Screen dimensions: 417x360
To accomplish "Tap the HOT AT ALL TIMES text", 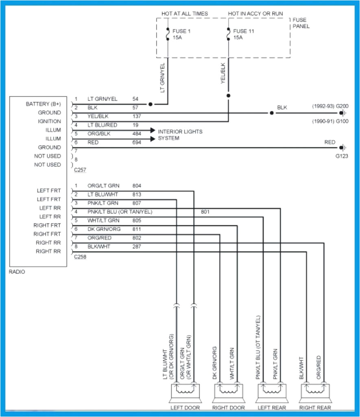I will pos(184,13).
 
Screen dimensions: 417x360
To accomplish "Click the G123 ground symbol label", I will pos(342,156).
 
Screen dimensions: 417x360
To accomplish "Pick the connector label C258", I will pos(80,257).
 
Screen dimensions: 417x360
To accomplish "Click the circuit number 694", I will pos(137,143).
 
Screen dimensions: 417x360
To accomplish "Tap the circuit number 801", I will pos(205,212).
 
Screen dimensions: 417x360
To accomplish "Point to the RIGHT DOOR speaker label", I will pos(229,408).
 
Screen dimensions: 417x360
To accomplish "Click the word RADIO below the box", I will pos(17,272).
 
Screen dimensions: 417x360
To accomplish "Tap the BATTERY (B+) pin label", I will pos(43,104).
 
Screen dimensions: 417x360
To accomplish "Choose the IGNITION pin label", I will pos(49,121).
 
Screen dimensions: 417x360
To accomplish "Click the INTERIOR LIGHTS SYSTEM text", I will pos(180,135).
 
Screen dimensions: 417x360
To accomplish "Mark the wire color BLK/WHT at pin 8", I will pos(99,247).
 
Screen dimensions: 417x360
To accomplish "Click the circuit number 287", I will pos(137,247).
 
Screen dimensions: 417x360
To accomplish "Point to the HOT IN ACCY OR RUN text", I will pos(255,13).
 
